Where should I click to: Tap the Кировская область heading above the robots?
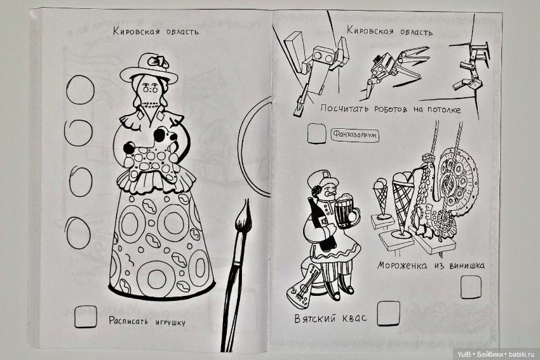click(x=390, y=31)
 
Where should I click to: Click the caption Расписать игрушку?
click(x=147, y=321)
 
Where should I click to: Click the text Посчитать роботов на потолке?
click(x=390, y=109)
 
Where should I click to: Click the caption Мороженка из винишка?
click(x=430, y=265)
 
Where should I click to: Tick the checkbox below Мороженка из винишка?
click(x=469, y=288)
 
